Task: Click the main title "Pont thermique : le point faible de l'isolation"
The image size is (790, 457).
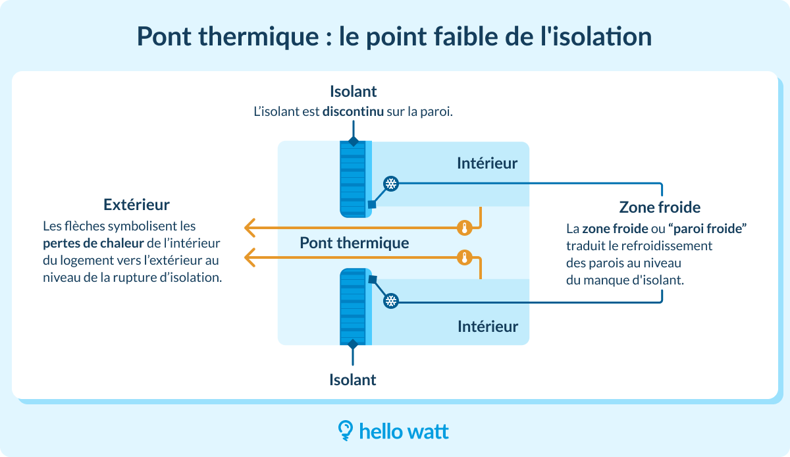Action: (x=394, y=37)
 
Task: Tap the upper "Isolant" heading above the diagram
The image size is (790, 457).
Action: (x=353, y=92)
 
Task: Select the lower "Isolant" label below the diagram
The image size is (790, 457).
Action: (x=353, y=380)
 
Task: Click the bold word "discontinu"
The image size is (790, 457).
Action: (x=353, y=112)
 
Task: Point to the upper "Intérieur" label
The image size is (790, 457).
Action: (x=487, y=163)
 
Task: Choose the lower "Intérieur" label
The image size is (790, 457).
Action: (x=487, y=326)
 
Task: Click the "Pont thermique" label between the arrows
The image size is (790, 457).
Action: (x=354, y=243)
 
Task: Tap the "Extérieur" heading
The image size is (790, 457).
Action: (x=136, y=204)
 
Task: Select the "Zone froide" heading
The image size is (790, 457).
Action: (x=660, y=207)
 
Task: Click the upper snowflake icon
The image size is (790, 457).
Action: (x=391, y=184)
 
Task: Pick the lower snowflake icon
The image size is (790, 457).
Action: (x=391, y=301)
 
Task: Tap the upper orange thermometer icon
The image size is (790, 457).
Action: (x=465, y=228)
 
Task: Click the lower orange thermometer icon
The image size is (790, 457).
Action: (x=465, y=257)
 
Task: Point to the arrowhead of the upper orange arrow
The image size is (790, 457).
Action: (x=250, y=228)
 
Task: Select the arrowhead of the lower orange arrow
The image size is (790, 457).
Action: (x=250, y=257)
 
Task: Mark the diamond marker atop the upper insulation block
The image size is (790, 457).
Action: (x=354, y=141)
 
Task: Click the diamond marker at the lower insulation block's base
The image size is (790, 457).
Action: (x=354, y=344)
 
